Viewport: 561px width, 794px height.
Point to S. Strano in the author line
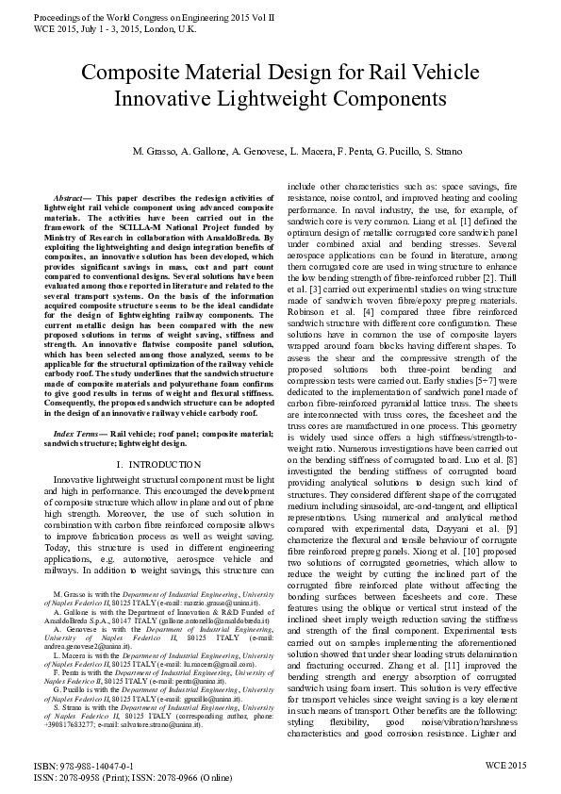[x=408, y=152]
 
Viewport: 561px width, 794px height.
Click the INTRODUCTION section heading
[x=169, y=465]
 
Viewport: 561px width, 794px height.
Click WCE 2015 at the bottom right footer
[x=504, y=767]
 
